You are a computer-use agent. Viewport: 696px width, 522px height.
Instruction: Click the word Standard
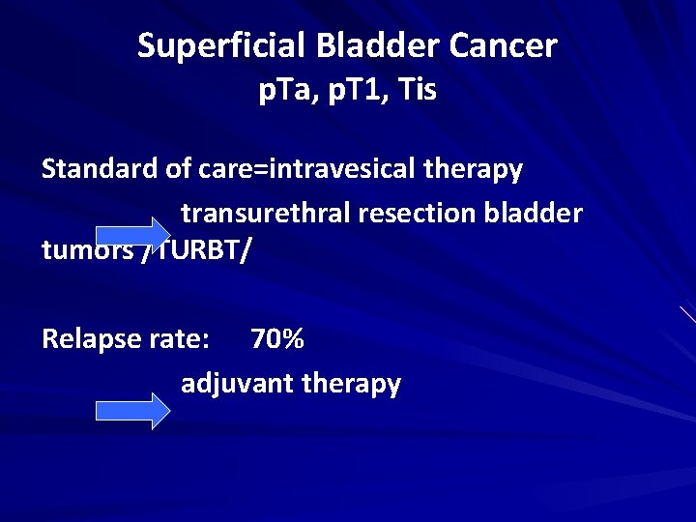coord(100,170)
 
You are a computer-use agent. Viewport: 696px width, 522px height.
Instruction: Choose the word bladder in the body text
coord(536,213)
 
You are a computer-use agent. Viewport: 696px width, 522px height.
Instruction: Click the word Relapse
coord(92,339)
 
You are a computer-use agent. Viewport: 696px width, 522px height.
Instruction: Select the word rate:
coord(178,339)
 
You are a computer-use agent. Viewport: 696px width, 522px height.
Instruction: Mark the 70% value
coord(277,339)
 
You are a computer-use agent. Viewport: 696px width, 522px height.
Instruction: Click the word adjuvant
coord(238,384)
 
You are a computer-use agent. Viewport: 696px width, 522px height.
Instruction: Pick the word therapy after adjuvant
coord(352,384)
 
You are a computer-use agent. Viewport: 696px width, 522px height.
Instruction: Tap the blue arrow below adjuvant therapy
coord(132,411)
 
